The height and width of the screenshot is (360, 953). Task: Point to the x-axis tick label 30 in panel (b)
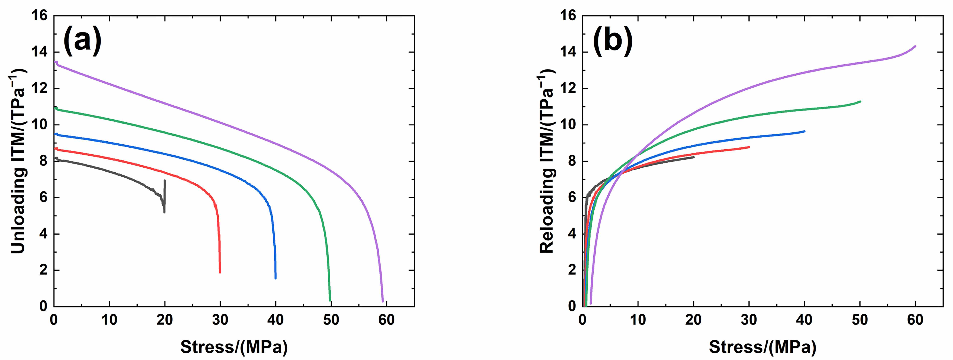point(749,320)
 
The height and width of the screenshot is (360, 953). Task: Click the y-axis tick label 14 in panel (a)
point(40,52)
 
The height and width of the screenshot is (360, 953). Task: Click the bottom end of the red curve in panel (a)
point(220,272)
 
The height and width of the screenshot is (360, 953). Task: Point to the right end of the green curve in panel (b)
point(860,101)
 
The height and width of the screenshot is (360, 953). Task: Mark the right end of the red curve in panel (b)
point(749,147)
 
